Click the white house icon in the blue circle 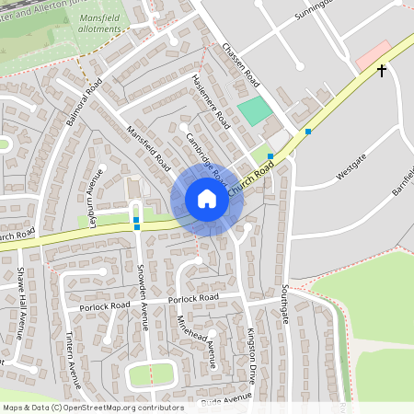[x=207, y=200]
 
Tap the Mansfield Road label [x=149, y=148]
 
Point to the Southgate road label [x=283, y=306]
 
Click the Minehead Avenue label [x=195, y=339]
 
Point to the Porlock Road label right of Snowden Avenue [x=194, y=298]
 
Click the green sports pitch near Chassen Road [x=255, y=112]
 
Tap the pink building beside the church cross [x=372, y=53]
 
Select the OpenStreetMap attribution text [x=92, y=408]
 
